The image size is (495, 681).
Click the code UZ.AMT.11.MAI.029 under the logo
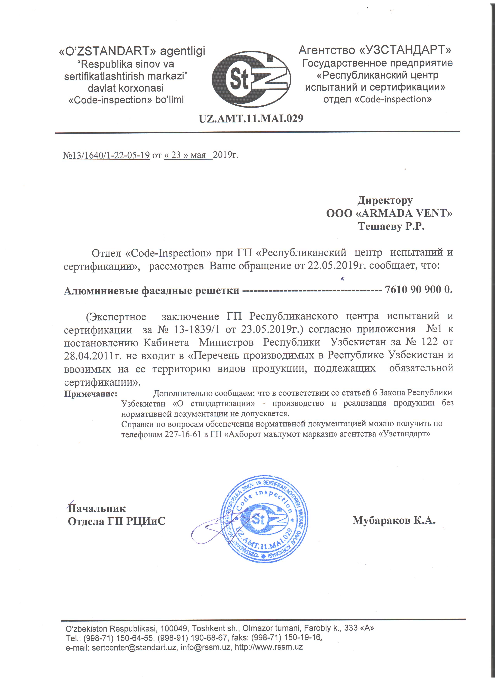tap(251, 118)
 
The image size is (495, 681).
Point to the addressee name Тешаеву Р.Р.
tap(391, 226)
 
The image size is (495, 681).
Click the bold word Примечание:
tap(90, 394)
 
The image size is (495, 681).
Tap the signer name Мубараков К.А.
tap(394, 520)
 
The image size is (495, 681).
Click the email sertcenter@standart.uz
tap(134, 647)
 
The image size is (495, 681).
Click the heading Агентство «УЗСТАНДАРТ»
tap(375, 50)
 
